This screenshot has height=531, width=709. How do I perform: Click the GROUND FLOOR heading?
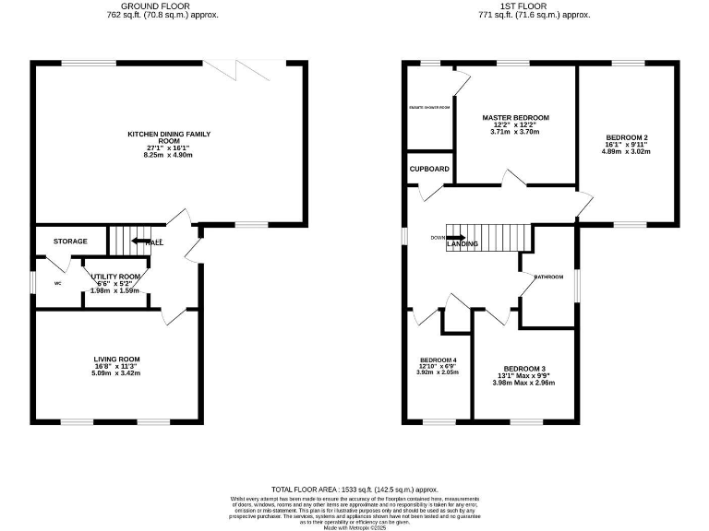pyautogui.click(x=162, y=6)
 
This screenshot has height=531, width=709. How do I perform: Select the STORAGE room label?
pyautogui.click(x=70, y=242)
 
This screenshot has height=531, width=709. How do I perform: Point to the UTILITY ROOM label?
pyautogui.click(x=115, y=277)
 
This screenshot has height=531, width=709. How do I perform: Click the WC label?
pyautogui.click(x=57, y=283)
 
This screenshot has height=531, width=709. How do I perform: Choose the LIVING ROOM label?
pyautogui.click(x=116, y=359)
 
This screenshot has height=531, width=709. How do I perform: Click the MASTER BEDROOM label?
pyautogui.click(x=516, y=118)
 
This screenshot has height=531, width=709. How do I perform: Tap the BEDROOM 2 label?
pyautogui.click(x=626, y=137)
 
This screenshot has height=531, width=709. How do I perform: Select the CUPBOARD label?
pyautogui.click(x=430, y=169)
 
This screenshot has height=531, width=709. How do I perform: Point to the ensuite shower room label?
pyautogui.click(x=430, y=108)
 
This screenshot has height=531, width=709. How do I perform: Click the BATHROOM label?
pyautogui.click(x=547, y=277)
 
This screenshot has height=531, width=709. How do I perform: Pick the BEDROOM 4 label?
pyautogui.click(x=438, y=360)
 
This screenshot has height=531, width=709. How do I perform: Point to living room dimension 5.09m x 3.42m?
pyautogui.click(x=116, y=374)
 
